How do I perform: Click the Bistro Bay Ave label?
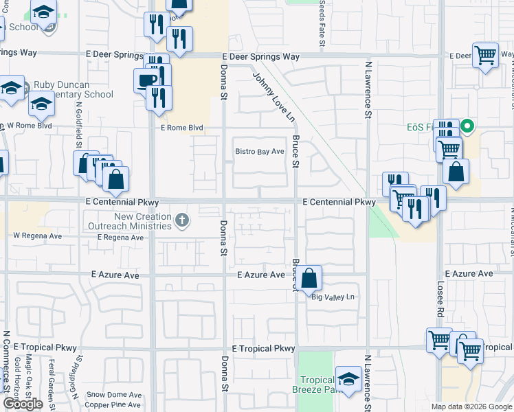[260, 151]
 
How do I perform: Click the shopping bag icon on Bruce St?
[310, 278]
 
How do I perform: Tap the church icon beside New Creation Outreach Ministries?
[181, 220]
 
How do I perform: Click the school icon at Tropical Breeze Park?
[348, 380]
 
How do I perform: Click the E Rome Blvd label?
[182, 128]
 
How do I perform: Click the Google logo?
[23, 404]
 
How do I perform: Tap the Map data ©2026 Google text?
[471, 407]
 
